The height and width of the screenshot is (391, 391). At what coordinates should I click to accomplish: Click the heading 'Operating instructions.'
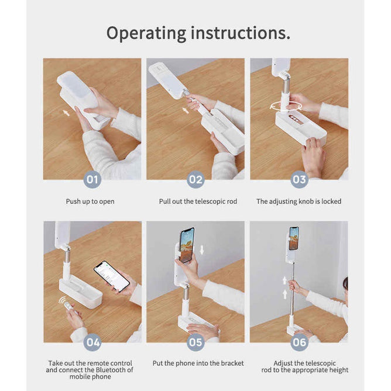pyautogui.click(x=198, y=33)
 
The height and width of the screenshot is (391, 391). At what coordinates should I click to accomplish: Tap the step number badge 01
pyautogui.click(x=92, y=179)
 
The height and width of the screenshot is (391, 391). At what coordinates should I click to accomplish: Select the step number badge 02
pyautogui.click(x=195, y=179)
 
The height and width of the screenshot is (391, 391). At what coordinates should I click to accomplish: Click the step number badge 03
pyautogui.click(x=299, y=179)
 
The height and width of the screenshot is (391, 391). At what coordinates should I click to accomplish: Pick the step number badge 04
pyautogui.click(x=92, y=342)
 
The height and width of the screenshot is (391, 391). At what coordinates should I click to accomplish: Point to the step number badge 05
pyautogui.click(x=195, y=342)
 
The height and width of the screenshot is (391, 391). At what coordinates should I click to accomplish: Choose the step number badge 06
pyautogui.click(x=299, y=342)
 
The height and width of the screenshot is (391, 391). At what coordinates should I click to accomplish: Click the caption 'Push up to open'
pyautogui.click(x=90, y=201)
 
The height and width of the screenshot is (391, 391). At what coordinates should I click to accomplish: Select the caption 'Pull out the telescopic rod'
pyautogui.click(x=198, y=201)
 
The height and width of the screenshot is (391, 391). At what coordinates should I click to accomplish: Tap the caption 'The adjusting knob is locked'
pyautogui.click(x=299, y=201)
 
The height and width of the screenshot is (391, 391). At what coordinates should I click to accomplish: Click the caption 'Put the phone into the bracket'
pyautogui.click(x=198, y=363)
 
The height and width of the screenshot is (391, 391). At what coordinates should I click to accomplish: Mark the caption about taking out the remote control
pyautogui.click(x=90, y=369)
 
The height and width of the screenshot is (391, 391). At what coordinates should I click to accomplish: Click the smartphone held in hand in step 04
pyautogui.click(x=112, y=276)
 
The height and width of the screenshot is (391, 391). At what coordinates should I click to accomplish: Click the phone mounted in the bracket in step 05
pyautogui.click(x=187, y=245)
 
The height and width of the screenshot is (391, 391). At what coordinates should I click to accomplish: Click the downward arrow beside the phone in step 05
pyautogui.click(x=202, y=249)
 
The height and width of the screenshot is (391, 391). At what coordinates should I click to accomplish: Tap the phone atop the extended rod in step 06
pyautogui.click(x=294, y=238)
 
